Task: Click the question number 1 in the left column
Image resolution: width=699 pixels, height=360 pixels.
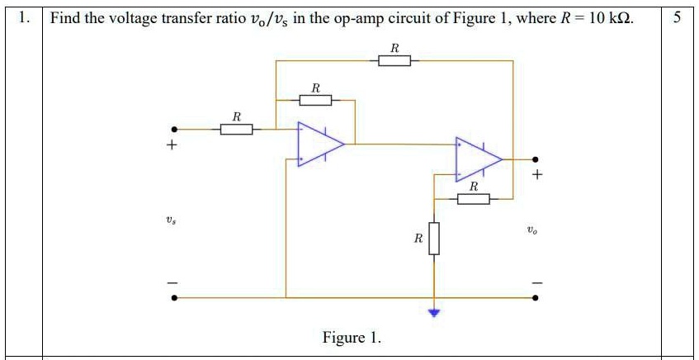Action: pyautogui.click(x=25, y=17)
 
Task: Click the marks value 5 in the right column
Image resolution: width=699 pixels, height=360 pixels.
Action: pyautogui.click(x=677, y=17)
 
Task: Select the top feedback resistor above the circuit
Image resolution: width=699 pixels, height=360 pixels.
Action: pyautogui.click(x=394, y=60)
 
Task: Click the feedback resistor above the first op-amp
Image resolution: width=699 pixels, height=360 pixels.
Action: pyautogui.click(x=315, y=100)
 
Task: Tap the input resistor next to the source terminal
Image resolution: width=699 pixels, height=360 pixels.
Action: pyautogui.click(x=236, y=129)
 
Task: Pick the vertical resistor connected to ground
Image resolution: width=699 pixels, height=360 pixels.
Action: pyautogui.click(x=434, y=239)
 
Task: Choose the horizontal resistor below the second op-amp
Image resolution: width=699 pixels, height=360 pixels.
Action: pyautogui.click(x=473, y=199)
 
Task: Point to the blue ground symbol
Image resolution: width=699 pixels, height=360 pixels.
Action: pyautogui.click(x=434, y=312)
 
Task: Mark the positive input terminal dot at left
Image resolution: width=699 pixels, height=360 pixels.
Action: pyautogui.click(x=173, y=129)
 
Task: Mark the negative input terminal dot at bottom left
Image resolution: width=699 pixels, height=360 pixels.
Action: pyautogui.click(x=173, y=297)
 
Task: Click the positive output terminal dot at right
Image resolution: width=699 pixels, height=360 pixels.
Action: pyautogui.click(x=535, y=159)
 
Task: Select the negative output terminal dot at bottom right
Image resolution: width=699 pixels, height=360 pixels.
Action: pyautogui.click(x=535, y=297)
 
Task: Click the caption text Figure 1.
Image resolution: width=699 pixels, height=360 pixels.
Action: pyautogui.click(x=352, y=338)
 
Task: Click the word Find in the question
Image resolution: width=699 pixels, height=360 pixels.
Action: pyautogui.click(x=65, y=17)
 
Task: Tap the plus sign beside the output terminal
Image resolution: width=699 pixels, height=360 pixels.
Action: pyautogui.click(x=538, y=175)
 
